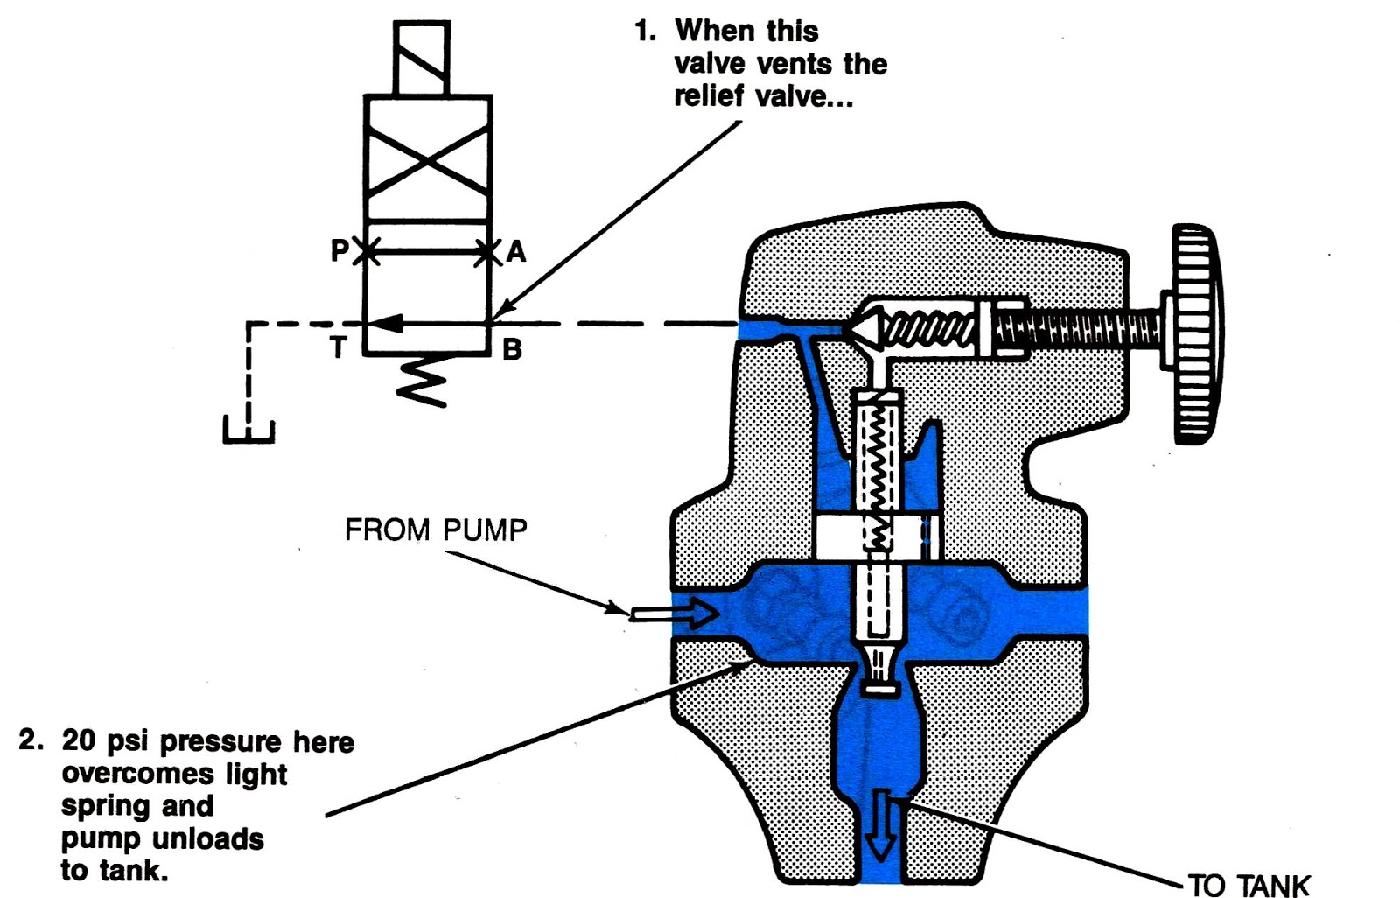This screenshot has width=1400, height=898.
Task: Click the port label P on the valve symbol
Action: click(x=339, y=251)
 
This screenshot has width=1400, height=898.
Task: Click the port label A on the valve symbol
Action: click(x=516, y=252)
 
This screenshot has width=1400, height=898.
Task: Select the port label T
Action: click(x=339, y=348)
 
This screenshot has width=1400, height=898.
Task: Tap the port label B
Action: click(x=512, y=350)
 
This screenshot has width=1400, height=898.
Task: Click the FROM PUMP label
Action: click(x=436, y=530)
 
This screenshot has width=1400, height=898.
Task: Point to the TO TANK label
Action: click(x=1249, y=885)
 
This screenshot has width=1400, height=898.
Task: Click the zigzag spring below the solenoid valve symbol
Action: click(x=423, y=382)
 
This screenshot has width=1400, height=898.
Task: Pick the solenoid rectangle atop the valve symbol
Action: click(x=422, y=58)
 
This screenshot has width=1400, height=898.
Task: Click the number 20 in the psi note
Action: click(x=79, y=741)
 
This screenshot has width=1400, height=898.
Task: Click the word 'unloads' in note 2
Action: click(x=212, y=838)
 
